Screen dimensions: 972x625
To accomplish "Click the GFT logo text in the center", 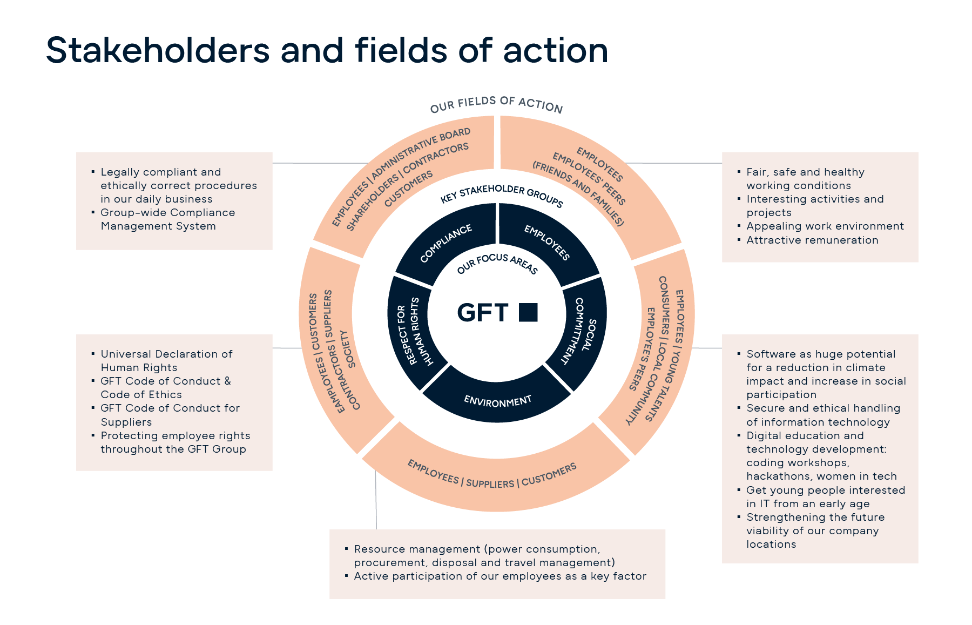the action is tap(482, 313).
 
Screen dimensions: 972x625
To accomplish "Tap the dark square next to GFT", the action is tap(528, 312).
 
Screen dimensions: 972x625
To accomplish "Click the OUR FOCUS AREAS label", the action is tap(497, 263).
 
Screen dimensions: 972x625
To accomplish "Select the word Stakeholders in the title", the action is tap(158, 50).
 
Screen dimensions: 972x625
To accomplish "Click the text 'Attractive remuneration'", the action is tap(812, 240).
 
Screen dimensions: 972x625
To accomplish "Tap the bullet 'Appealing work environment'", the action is tap(825, 226).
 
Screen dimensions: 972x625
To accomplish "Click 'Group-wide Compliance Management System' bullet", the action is tap(167, 219).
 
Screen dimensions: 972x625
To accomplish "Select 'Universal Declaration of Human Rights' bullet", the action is tap(166, 361).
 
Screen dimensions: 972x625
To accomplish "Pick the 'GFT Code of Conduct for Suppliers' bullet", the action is tap(170, 415).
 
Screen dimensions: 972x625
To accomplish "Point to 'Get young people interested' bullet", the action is tap(826, 497).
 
